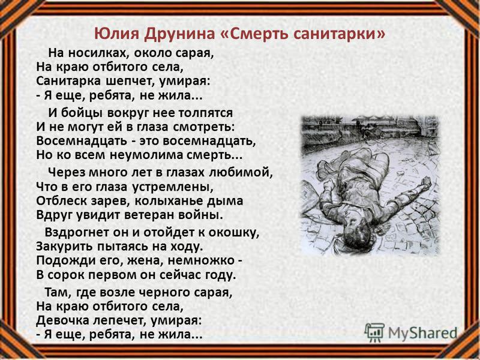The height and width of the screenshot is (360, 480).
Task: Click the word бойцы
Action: pyautogui.click(x=82, y=113)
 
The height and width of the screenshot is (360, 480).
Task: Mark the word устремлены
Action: pyautogui.click(x=172, y=187)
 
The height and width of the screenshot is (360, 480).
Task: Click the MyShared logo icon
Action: pyautogui.click(x=374, y=332)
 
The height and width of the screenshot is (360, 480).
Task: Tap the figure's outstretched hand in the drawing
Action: pyautogui.click(x=425, y=183)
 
